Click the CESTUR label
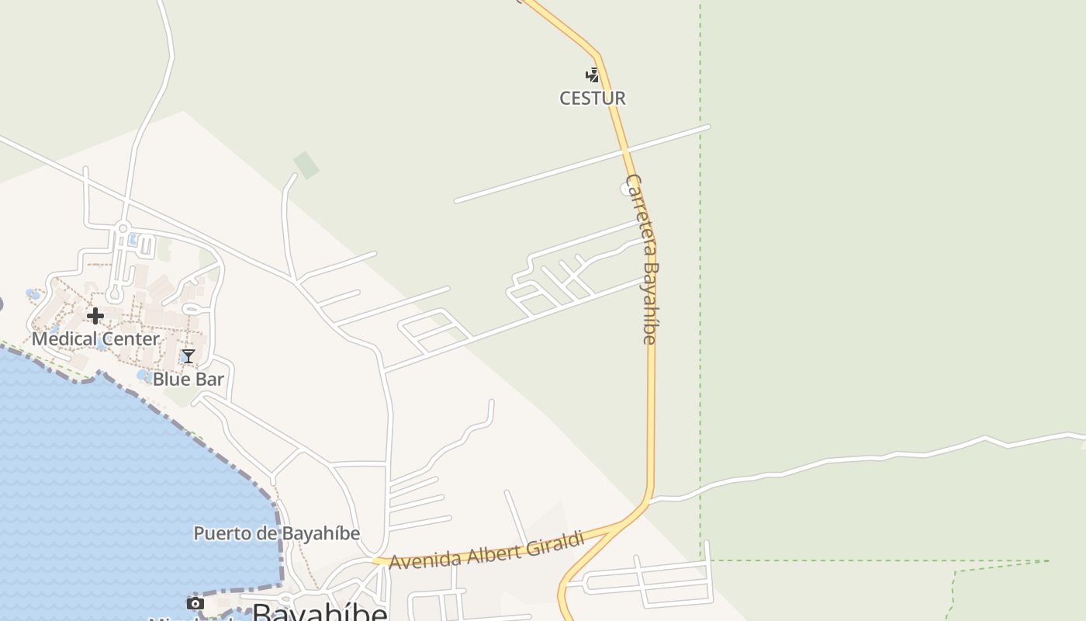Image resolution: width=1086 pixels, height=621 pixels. click(x=593, y=99)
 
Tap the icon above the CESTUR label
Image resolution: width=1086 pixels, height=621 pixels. click(x=593, y=75)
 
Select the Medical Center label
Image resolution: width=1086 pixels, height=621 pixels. click(x=95, y=339)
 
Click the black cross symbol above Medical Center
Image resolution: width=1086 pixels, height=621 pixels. click(x=95, y=316)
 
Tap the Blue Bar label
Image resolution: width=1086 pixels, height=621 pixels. click(x=188, y=380)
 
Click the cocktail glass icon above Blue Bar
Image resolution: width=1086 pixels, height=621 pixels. click(x=188, y=356)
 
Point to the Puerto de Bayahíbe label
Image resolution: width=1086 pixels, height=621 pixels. click(x=276, y=534)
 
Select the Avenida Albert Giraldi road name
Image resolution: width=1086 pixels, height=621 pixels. click(x=486, y=551)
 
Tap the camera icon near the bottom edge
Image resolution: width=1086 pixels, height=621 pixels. click(x=195, y=604)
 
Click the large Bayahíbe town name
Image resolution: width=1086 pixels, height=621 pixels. click(x=320, y=612)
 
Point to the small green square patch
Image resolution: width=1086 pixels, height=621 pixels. click(x=306, y=165)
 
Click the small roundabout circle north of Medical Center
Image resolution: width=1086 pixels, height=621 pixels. click(x=122, y=228)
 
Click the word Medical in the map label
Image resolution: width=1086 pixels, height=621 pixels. click(x=64, y=339)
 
